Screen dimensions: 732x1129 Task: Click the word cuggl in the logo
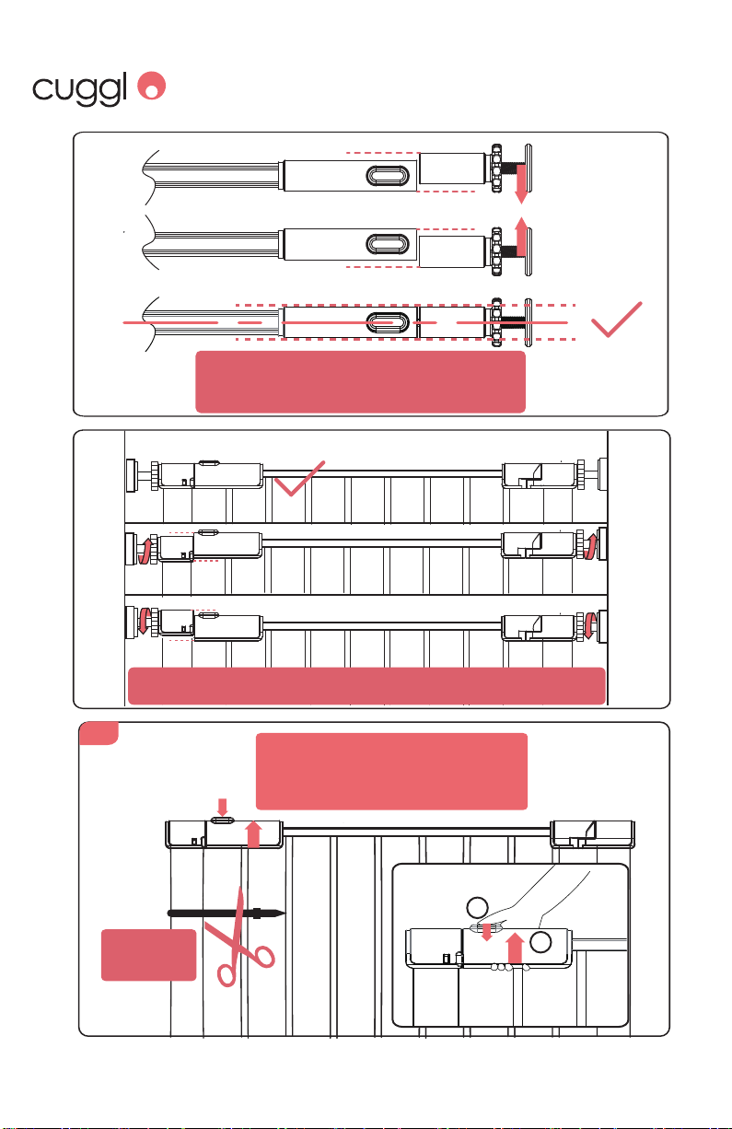(79, 88)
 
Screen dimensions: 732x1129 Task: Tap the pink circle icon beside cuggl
(152, 85)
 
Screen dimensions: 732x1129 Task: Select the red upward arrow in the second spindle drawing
(521, 236)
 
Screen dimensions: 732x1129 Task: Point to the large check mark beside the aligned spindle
(616, 320)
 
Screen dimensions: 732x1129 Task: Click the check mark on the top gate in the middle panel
(300, 478)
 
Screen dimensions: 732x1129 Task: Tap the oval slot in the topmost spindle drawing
(387, 175)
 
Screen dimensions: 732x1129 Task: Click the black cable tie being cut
(227, 913)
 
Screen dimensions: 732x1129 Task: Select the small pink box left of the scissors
(148, 955)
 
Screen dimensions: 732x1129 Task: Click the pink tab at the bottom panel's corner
(99, 733)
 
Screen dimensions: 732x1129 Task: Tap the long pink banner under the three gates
(366, 685)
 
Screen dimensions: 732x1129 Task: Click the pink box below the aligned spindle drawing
(360, 381)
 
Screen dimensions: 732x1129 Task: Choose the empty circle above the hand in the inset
(477, 908)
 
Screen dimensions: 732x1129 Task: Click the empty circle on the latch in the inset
(540, 942)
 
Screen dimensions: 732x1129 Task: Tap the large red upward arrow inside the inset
(515, 949)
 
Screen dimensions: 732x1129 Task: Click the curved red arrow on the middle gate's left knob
(145, 552)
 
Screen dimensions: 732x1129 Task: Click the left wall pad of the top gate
(133, 475)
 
